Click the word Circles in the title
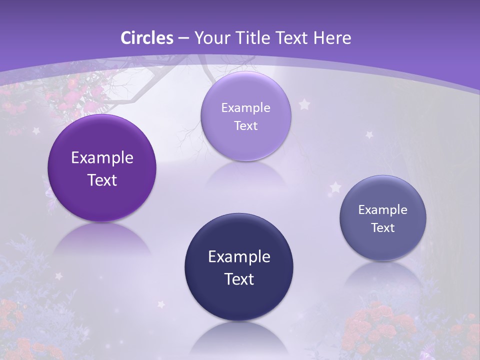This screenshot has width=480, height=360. click(x=147, y=37)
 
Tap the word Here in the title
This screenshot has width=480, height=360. click(x=332, y=37)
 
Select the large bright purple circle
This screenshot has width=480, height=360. click(x=102, y=168)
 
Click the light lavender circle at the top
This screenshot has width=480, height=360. click(x=245, y=116)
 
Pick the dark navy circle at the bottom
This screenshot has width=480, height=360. click(x=239, y=267)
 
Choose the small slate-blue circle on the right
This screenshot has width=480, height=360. click(x=383, y=218)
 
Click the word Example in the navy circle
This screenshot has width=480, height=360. click(x=239, y=256)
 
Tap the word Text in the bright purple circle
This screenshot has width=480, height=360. click(x=102, y=180)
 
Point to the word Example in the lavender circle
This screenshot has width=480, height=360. click(x=245, y=107)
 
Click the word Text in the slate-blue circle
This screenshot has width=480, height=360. click(x=383, y=228)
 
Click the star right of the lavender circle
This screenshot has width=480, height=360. click(x=304, y=104)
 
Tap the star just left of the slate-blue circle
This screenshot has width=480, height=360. click(x=335, y=187)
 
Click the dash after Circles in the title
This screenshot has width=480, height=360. click(x=183, y=38)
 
